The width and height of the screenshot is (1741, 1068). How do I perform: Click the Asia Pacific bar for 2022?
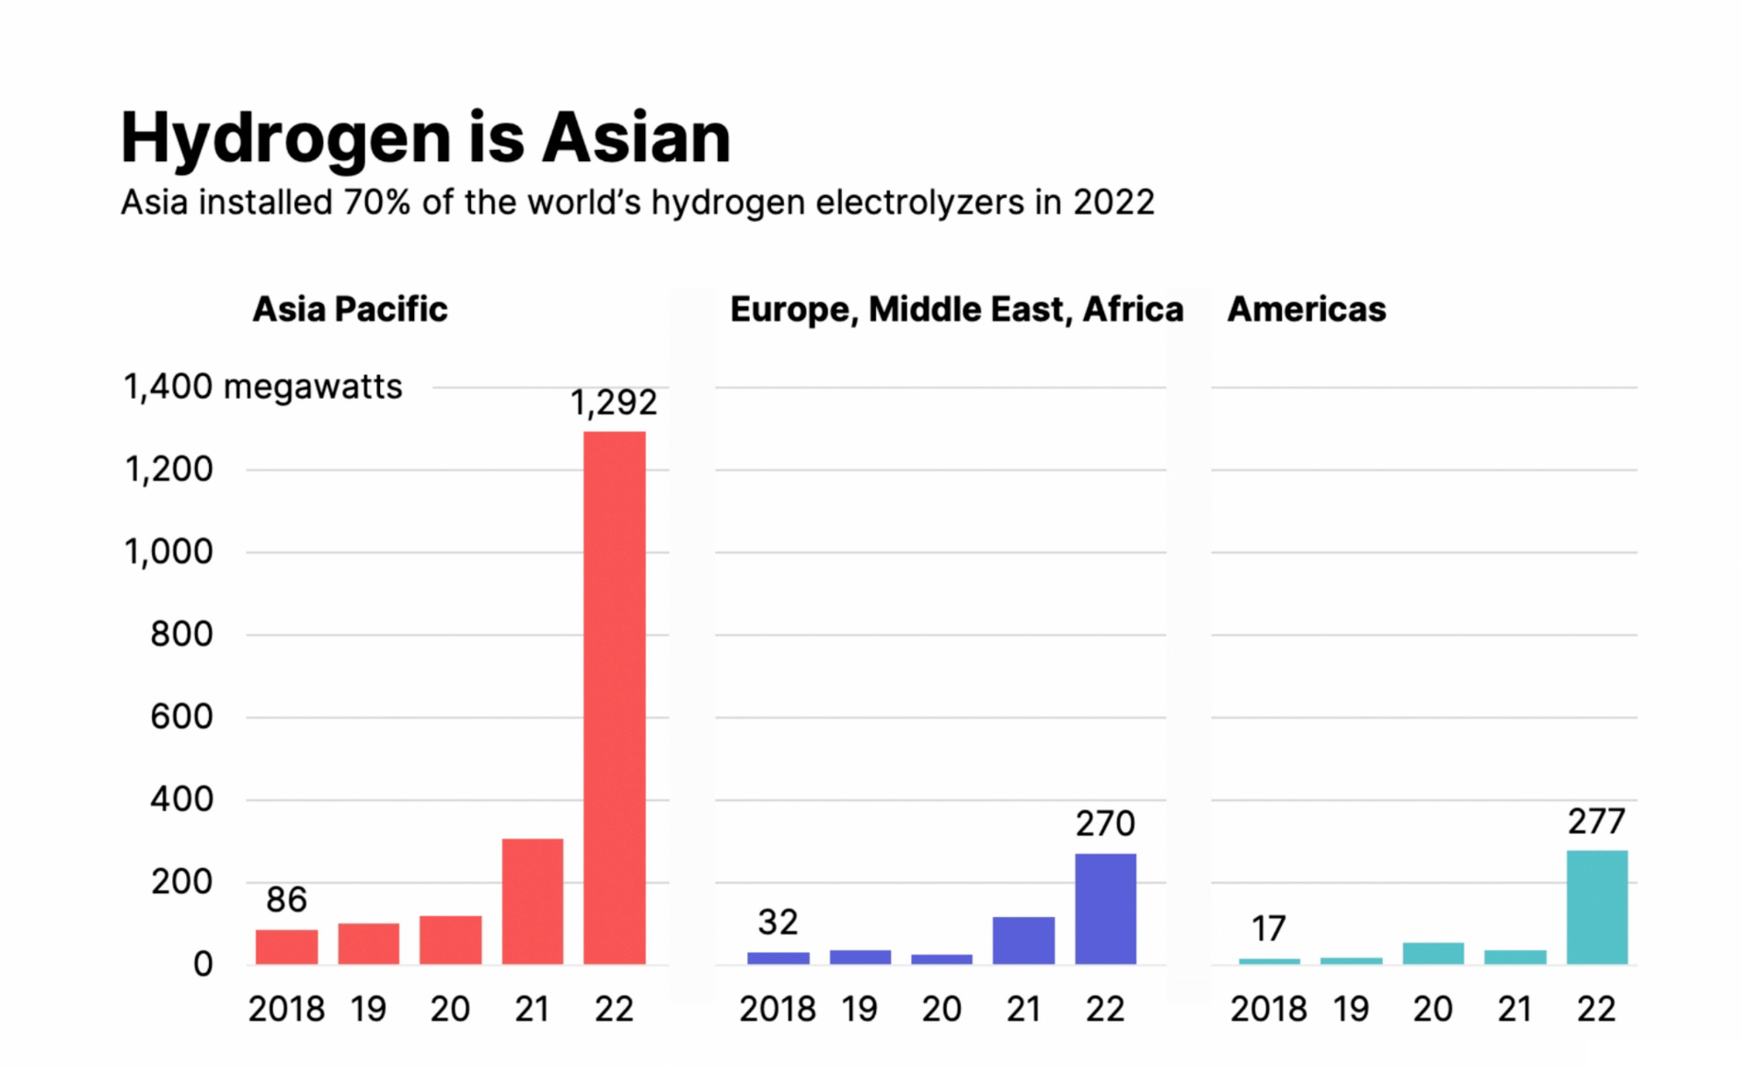click(614, 698)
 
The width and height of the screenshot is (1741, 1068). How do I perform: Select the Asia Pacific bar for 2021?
click(532, 901)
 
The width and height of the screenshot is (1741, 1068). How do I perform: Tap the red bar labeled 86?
click(286, 946)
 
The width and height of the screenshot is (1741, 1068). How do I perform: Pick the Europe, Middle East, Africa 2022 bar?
click(1105, 909)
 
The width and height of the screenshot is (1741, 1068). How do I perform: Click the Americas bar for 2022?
click(1597, 907)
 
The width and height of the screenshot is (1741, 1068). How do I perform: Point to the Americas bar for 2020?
click(1433, 953)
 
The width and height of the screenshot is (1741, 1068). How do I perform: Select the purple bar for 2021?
click(1023, 940)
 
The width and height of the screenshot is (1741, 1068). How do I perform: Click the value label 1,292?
click(614, 402)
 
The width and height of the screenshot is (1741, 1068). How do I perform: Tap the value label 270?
click(1105, 823)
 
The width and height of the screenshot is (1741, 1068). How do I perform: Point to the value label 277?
click(1597, 820)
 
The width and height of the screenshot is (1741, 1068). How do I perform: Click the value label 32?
click(778, 922)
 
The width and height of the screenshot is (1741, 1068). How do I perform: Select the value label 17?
click(1268, 928)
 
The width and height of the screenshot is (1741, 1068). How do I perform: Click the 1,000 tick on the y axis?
click(168, 551)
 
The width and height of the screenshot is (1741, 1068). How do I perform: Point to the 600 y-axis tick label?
click(181, 716)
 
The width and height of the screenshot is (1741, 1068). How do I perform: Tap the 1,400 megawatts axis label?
click(262, 387)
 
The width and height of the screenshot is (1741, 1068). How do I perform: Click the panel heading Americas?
click(1306, 309)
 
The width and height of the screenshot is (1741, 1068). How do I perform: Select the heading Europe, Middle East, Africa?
click(956, 309)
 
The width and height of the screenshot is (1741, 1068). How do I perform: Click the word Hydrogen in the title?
click(285, 138)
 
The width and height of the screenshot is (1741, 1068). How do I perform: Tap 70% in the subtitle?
click(376, 203)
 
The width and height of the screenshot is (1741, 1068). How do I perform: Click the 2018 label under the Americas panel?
click(1268, 1009)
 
